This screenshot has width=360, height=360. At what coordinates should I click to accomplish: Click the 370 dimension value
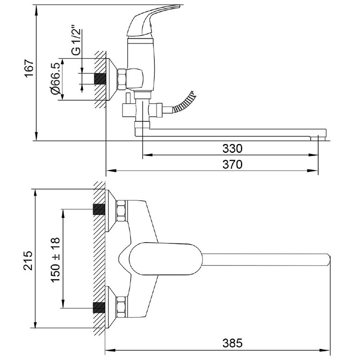233,165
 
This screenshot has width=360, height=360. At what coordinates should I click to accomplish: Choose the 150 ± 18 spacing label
56,260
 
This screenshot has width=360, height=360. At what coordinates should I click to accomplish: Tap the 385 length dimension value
233,343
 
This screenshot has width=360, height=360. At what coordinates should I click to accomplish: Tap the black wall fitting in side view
99,78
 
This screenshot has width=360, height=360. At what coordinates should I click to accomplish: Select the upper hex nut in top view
121,211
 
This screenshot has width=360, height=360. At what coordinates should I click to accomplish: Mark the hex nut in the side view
122,79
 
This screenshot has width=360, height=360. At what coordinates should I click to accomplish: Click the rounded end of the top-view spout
328,260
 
